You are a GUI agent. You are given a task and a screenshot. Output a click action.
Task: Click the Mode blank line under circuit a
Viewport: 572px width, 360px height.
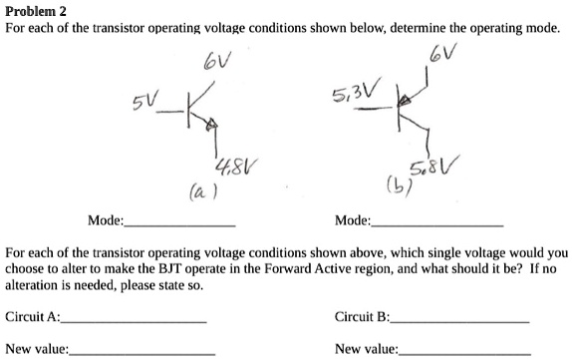[180, 224]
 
